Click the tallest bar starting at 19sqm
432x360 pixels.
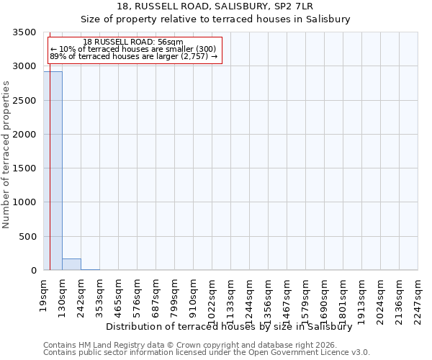(53, 171)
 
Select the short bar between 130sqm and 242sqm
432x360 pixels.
(71, 264)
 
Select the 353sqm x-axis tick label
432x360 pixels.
(100, 294)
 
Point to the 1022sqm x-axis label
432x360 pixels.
(212, 296)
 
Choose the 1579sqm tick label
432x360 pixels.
(306, 296)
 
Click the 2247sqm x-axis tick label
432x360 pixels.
(418, 296)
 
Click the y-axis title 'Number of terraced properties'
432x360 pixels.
(6, 155)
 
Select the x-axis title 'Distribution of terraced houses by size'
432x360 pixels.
(229, 326)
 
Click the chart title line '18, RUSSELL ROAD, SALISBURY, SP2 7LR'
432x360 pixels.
(215, 6)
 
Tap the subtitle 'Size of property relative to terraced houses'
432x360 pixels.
(215, 19)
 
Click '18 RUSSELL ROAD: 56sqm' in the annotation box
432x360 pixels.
(133, 42)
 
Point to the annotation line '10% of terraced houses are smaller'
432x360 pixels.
(133, 49)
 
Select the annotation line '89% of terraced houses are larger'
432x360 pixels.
(133, 55)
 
